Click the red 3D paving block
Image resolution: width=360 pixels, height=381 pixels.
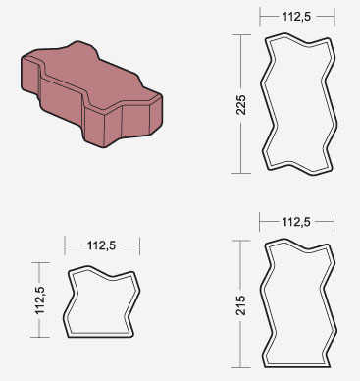click(x=91, y=95)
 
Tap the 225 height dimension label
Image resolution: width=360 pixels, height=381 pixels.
click(x=241, y=105)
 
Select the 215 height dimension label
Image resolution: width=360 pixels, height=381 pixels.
click(x=240, y=305)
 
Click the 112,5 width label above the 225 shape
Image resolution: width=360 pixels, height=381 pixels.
click(x=297, y=17)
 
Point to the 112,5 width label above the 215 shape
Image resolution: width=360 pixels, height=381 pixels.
click(x=296, y=222)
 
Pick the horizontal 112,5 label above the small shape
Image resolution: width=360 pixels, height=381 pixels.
click(x=102, y=245)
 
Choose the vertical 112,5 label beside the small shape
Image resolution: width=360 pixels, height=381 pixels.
click(x=40, y=300)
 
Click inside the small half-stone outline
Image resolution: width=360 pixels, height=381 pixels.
click(x=101, y=302)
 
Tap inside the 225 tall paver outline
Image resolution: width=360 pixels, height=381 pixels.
click(x=299, y=105)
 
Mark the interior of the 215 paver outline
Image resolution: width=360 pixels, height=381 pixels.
click(x=298, y=304)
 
